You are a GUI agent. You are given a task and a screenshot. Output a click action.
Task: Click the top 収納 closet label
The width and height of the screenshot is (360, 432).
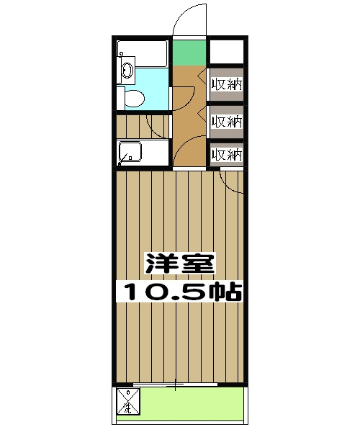(226, 84)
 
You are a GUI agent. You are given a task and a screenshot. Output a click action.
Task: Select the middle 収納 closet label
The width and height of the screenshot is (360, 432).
(226, 120)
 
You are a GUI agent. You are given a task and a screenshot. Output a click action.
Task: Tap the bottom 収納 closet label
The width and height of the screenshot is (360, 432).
(226, 153)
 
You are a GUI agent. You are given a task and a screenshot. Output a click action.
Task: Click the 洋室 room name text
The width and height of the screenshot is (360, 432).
(179, 263)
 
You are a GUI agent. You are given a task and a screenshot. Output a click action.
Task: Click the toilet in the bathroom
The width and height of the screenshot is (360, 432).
(132, 99)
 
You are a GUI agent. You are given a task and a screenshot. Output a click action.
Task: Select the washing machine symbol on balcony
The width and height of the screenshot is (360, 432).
(127, 402)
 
